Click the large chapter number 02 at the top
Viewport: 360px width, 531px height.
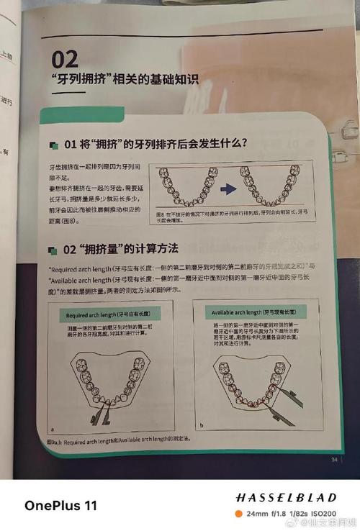pos(65,57)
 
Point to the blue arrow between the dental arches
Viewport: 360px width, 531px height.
pos(228,189)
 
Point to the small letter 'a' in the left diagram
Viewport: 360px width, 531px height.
pos(54,427)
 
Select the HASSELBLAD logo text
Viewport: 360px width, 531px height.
pos(286,497)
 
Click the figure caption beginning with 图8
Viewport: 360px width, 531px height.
pos(230,217)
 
